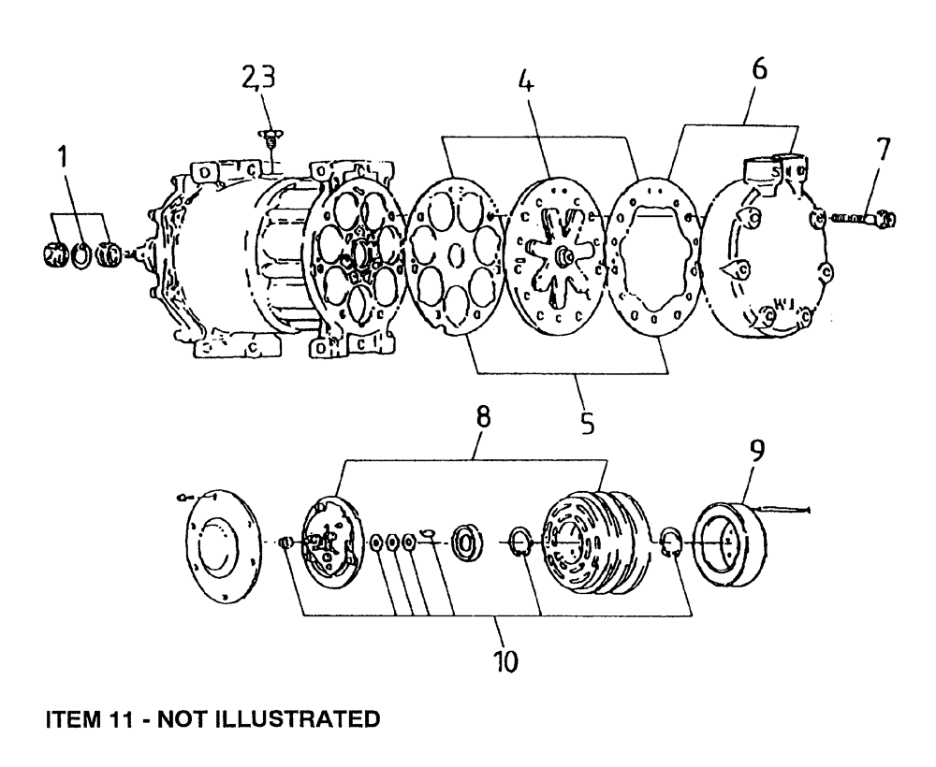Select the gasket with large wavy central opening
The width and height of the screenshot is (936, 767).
click(658, 256)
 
